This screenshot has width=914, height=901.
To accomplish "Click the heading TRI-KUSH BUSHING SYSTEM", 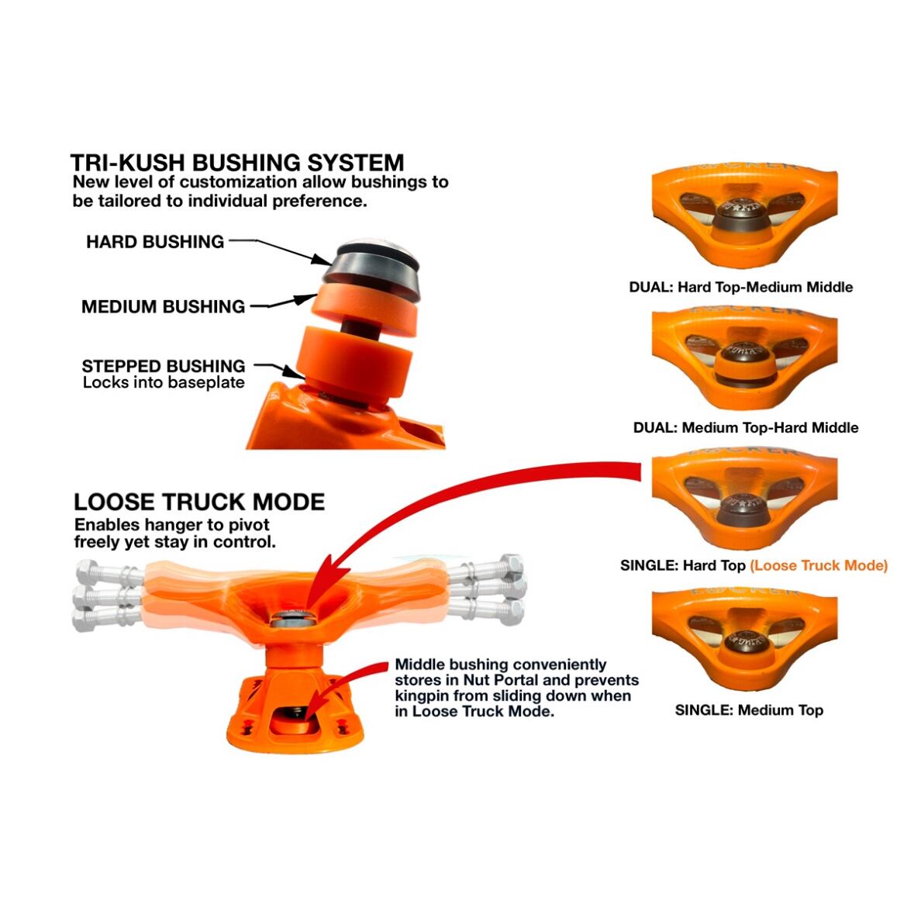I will (x=237, y=163).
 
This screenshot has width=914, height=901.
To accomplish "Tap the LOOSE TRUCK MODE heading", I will (x=199, y=502).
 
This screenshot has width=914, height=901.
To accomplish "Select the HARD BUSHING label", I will (x=155, y=242).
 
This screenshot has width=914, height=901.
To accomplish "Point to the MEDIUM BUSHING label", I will (x=163, y=307).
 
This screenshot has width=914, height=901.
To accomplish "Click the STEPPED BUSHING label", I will (x=163, y=366).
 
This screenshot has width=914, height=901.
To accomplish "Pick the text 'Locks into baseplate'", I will (x=164, y=383).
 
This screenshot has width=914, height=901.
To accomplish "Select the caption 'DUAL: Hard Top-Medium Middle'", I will (x=740, y=287).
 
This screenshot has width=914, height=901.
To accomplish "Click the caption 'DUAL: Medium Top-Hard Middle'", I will (x=745, y=428).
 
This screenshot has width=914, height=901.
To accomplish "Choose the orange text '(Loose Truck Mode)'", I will (x=819, y=566).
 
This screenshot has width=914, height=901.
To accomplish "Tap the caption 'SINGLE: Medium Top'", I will (x=748, y=710).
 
